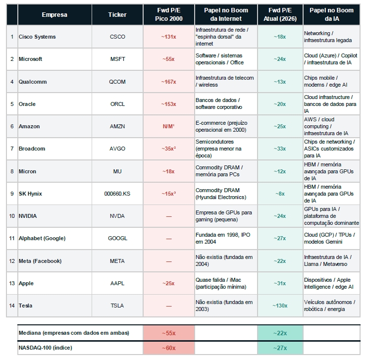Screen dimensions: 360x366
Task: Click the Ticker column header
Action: (117, 15)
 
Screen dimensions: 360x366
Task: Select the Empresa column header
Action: (54, 15)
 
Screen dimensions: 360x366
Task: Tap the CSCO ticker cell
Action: (117, 37)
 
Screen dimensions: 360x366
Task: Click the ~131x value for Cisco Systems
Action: (168, 37)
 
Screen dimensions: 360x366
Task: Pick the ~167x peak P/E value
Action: (168, 82)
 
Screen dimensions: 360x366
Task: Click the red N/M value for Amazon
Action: (168, 126)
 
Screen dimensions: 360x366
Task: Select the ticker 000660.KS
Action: (117, 194)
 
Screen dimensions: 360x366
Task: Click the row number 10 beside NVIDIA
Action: (12, 216)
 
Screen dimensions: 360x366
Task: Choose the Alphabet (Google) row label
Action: (42, 238)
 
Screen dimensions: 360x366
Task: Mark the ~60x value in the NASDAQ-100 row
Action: (168, 348)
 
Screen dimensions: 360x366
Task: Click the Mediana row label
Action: (74, 333)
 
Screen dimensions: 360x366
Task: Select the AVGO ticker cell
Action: (117, 149)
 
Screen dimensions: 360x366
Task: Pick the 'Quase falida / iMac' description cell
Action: (224, 283)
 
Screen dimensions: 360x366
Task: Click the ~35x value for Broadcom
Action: (168, 149)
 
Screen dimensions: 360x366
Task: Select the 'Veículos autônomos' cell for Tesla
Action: (331, 306)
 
